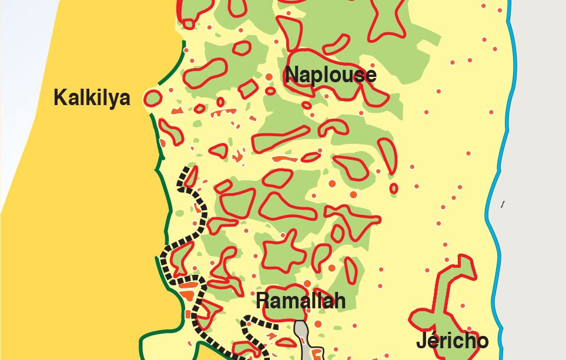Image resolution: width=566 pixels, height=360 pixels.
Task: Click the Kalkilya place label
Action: [x=92, y=97]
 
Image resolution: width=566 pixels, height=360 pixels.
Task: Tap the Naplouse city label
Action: [x=330, y=75]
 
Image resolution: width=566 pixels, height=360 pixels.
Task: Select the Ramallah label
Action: [x=300, y=301]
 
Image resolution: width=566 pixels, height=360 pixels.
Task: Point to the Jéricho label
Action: [x=452, y=341]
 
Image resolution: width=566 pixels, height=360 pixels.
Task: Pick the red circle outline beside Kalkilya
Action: [x=152, y=98]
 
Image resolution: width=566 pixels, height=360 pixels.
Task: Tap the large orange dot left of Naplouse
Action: [x=269, y=77]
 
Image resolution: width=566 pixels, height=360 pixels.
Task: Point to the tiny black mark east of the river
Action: [x=503, y=204]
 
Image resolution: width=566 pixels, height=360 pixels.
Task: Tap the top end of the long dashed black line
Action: [x=189, y=170]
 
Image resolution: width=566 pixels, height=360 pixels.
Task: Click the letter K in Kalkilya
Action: [x=59, y=97]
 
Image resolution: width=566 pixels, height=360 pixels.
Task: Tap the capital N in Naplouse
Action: [x=292, y=75]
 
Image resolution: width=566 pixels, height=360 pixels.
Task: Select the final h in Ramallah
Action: [x=339, y=301]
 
